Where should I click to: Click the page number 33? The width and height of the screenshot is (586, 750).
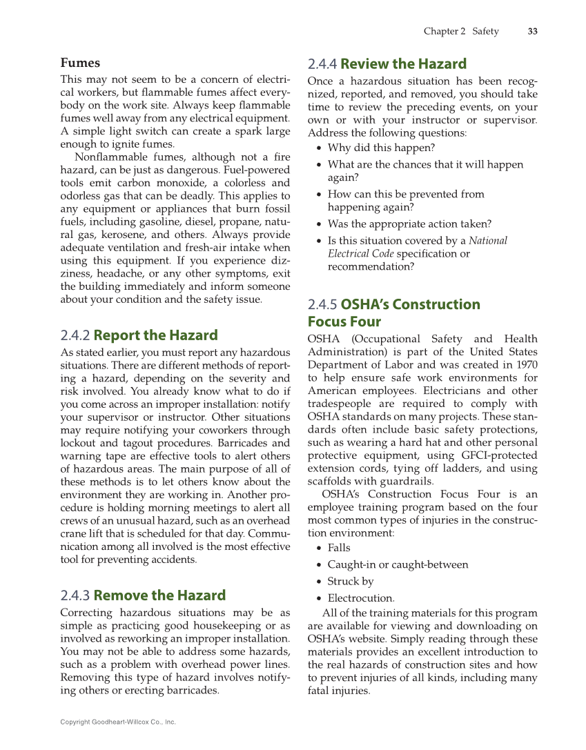tap(532, 31)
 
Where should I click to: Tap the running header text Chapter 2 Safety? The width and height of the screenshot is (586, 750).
tap(460, 31)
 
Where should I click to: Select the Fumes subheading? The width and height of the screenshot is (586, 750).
tap(80, 63)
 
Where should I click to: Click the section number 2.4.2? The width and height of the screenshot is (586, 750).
tap(75, 335)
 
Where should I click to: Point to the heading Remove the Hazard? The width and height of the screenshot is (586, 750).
tap(159, 595)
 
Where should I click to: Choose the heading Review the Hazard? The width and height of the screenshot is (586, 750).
tap(403, 64)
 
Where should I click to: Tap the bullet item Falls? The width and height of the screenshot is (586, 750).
tap(339, 548)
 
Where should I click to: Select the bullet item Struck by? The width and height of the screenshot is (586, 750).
tap(351, 582)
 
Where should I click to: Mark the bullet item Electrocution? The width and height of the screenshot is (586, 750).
tap(361, 598)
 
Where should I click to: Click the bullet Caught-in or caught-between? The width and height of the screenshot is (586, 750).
tap(398, 564)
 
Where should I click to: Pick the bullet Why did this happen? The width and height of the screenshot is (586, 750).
tap(381, 148)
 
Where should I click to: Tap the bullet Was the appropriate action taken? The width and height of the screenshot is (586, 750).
tap(409, 224)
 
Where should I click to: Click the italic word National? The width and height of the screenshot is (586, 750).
tap(487, 241)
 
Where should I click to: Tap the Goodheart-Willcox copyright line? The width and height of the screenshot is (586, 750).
tap(118, 722)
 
